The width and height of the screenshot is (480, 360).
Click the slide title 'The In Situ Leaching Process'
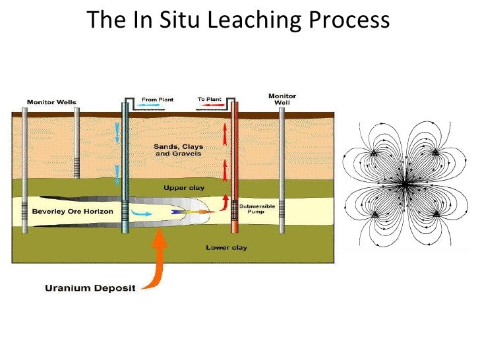pos(239,20)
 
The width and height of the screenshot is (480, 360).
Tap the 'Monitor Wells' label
pos(51,102)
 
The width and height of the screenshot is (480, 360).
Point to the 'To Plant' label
pos(210,100)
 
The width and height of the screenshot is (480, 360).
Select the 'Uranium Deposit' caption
pos(90,287)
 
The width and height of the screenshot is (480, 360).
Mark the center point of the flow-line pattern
pos(404,184)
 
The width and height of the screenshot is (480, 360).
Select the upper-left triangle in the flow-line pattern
pos(373,153)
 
